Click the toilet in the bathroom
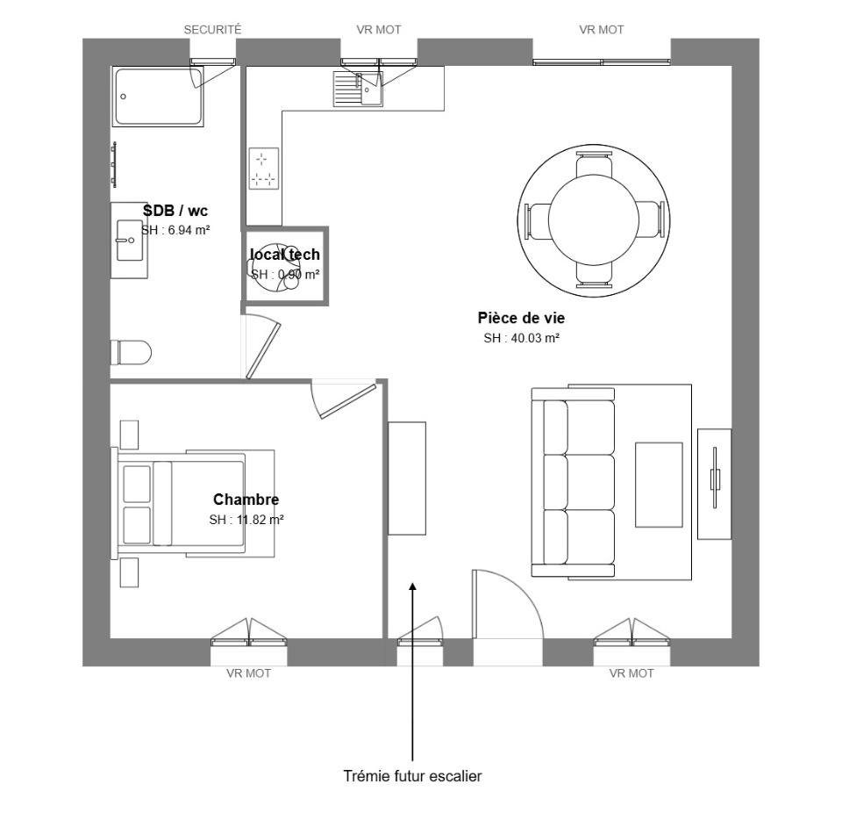[x=131, y=353]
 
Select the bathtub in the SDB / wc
[x=158, y=96]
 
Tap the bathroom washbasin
[x=129, y=240]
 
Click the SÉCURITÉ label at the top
[x=212, y=30]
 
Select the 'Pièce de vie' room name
[x=521, y=318]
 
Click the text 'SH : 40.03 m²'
[x=521, y=338]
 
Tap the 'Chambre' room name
[x=246, y=500]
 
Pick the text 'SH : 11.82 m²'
[x=246, y=520]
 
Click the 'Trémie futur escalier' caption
[x=412, y=777]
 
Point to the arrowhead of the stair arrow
[x=412, y=586]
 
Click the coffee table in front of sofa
[x=658, y=485]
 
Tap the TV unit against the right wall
[x=714, y=484]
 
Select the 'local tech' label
[x=285, y=255]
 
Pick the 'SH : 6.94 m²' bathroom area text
[x=175, y=230]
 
